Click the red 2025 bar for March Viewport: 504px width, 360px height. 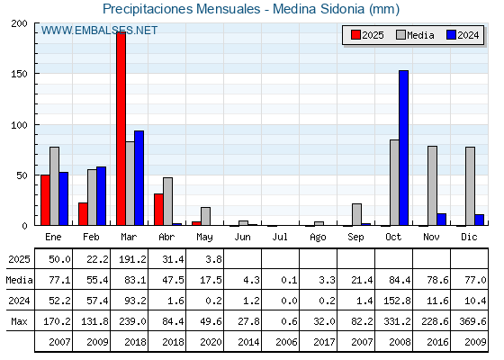click(x=121, y=129)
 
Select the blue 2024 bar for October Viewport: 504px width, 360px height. click(x=404, y=148)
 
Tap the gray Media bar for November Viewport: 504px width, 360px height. click(x=432, y=185)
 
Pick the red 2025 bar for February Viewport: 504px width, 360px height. click(x=83, y=214)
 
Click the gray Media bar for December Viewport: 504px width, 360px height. click(x=470, y=186)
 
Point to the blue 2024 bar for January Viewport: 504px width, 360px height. click(x=64, y=199)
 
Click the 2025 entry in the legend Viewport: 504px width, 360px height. click(x=367, y=35)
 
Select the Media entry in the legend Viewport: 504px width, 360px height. click(x=415, y=35)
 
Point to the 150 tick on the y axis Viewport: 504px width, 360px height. click(x=20, y=74)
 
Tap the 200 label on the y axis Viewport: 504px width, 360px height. click(x=20, y=23)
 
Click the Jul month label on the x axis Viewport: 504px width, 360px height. click(x=280, y=237)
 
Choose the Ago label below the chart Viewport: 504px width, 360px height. click(x=318, y=238)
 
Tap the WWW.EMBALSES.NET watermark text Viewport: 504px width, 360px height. click(x=99, y=31)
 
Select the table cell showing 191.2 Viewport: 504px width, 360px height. click(x=132, y=259)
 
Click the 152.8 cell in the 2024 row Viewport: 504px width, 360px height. click(x=397, y=301)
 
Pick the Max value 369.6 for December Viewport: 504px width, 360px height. click(x=472, y=321)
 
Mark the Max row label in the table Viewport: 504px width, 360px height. click(x=19, y=321)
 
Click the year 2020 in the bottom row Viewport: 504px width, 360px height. click(x=211, y=342)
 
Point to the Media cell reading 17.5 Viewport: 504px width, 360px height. click(x=211, y=280)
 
